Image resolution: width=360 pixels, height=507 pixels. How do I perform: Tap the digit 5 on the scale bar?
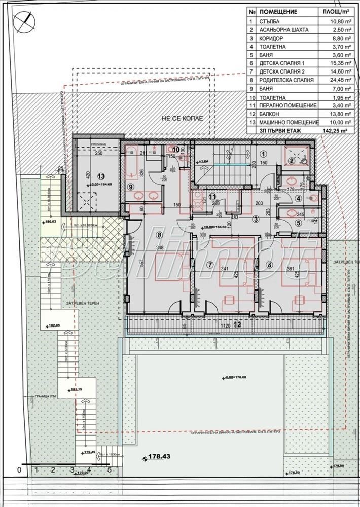click(x=109, y=469)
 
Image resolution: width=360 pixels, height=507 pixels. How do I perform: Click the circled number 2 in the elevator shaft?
click(x=291, y=161)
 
